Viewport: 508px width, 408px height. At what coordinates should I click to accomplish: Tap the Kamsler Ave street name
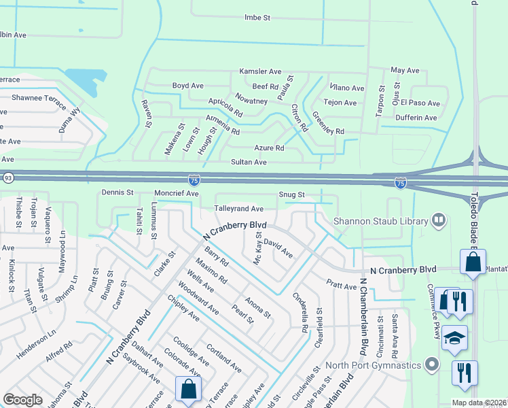coord(259,71)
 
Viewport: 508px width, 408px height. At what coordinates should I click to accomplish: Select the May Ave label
coord(405,71)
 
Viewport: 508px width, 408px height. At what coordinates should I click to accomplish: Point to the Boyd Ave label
coord(187,86)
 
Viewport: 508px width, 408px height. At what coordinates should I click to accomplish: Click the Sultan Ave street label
coord(251,163)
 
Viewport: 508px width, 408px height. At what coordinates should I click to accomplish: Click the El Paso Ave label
coord(420,103)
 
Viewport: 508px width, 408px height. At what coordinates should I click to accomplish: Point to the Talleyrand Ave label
coord(238,209)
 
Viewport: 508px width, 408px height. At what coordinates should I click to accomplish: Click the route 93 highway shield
coord(8,177)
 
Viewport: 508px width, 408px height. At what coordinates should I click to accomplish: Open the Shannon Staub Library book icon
coord(439,220)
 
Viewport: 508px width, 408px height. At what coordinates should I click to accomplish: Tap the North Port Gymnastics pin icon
coord(431,365)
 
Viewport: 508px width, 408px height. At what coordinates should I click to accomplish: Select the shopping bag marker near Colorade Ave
coord(188,390)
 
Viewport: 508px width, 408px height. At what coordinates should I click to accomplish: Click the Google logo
coord(22,400)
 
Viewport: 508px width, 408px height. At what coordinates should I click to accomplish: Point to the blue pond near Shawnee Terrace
coord(85,81)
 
